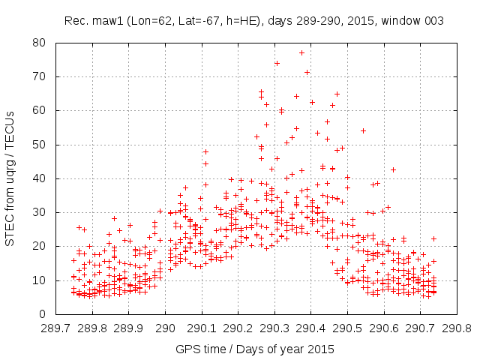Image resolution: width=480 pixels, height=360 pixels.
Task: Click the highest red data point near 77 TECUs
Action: point(301,52)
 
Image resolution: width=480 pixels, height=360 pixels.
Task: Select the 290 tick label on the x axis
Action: point(166,328)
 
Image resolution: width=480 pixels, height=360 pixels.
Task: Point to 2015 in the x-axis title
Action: point(322,349)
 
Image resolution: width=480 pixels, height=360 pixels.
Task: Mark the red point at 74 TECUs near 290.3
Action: point(277,63)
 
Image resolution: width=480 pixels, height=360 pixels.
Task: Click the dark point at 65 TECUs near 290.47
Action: point(337,94)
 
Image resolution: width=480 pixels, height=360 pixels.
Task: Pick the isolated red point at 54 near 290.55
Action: point(363,130)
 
